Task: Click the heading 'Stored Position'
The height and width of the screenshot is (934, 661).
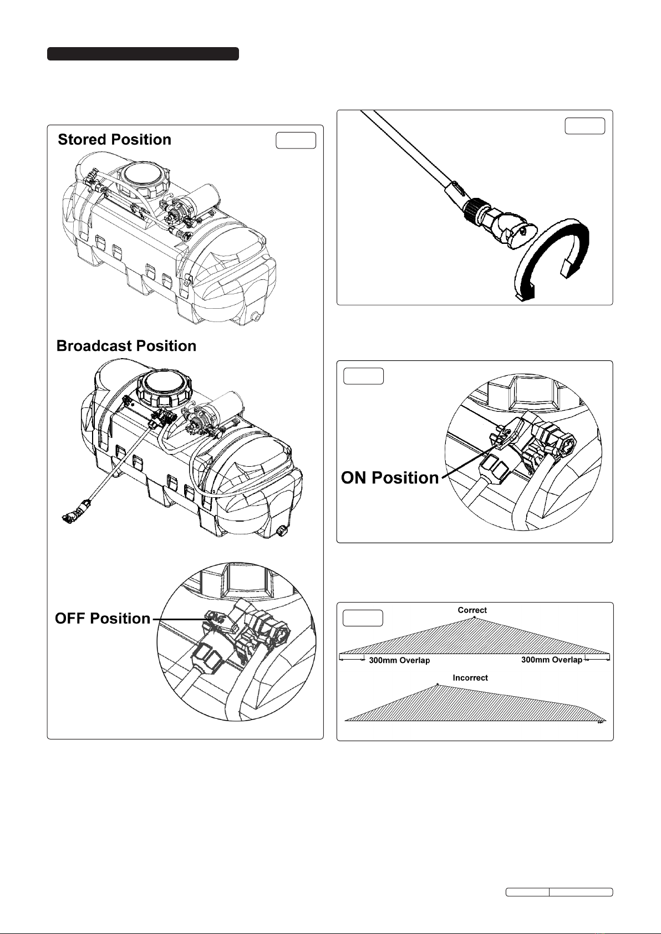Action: click(114, 139)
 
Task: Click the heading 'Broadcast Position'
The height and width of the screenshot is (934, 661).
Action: click(126, 346)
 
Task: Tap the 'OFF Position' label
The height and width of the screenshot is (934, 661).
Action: click(102, 618)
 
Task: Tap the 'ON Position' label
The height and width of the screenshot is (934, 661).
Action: click(390, 477)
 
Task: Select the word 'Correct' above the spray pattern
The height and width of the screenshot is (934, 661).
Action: click(472, 610)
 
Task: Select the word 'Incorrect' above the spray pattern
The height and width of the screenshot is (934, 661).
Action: click(470, 677)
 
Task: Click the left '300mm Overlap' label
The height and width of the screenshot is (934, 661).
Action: click(399, 660)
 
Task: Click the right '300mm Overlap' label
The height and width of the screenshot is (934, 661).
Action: click(551, 660)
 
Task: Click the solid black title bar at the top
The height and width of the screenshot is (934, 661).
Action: click(143, 54)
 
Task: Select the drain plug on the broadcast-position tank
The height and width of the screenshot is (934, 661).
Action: click(281, 530)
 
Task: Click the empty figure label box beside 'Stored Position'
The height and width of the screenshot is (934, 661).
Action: click(296, 141)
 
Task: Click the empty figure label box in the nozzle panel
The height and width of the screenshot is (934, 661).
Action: click(584, 126)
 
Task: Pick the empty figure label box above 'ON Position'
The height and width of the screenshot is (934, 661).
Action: click(363, 376)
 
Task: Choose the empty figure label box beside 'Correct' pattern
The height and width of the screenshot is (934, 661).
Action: click(363, 618)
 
